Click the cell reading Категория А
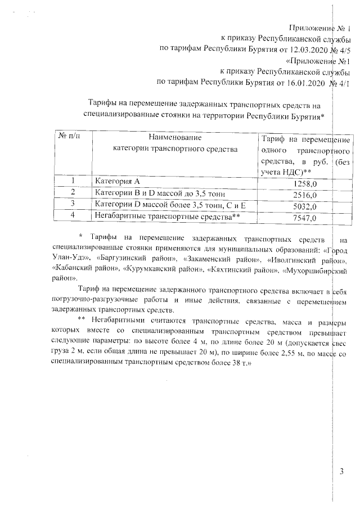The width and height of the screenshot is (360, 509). click(x=118, y=182)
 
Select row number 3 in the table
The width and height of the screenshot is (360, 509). click(x=73, y=204)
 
